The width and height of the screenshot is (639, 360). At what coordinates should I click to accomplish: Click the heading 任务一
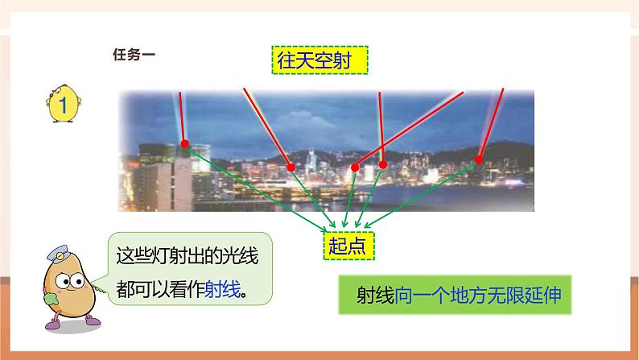134,54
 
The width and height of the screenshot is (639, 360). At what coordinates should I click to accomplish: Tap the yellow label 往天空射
320,60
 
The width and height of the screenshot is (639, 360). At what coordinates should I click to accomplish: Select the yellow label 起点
348,246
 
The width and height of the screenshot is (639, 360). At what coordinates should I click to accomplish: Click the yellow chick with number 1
63,104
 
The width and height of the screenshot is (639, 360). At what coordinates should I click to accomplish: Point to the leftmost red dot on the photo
184,143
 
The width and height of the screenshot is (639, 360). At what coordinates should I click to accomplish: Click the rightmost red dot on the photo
479,159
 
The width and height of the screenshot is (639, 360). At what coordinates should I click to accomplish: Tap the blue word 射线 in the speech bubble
222,290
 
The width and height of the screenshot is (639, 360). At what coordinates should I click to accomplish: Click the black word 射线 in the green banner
375,295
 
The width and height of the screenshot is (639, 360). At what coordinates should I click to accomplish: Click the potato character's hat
58,254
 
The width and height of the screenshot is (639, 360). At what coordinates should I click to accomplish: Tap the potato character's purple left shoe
53,323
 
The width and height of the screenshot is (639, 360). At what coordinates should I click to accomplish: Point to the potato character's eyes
69,281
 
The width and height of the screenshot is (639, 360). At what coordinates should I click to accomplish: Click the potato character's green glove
51,299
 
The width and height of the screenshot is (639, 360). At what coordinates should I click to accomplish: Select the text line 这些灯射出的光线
187,256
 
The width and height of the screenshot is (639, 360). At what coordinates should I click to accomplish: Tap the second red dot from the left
291,168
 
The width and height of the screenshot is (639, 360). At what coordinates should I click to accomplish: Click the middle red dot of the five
355,168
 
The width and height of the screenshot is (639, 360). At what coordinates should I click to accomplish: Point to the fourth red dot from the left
382,164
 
